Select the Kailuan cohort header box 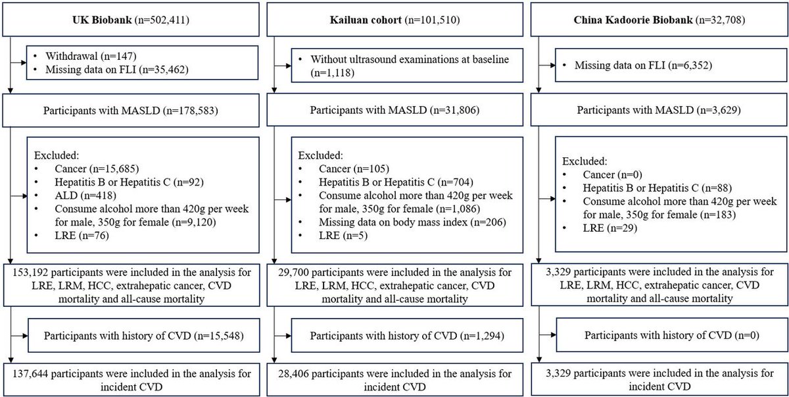click(394, 20)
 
